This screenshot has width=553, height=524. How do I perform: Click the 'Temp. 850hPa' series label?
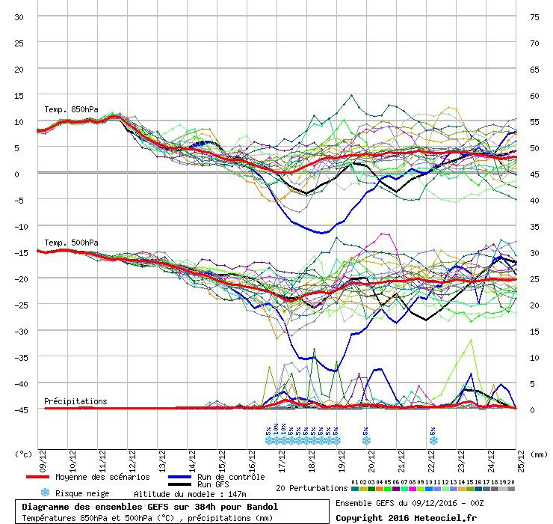pos(71,109)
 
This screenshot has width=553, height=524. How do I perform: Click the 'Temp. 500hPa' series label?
pos(71,243)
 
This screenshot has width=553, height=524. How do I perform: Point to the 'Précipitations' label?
pos(75,401)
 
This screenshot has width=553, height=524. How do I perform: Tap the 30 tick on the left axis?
pos(19,16)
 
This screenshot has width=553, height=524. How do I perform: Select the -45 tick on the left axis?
pos(18,409)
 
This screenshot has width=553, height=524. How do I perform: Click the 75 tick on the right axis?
pos(534,16)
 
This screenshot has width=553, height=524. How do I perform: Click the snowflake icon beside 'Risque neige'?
pos(45,493)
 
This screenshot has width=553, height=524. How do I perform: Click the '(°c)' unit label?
pos(24,454)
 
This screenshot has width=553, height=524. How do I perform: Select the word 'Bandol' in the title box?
pos(262,507)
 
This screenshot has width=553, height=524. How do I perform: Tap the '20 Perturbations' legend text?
pos(312,488)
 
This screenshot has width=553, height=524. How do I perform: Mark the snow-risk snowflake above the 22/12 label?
pos(433,440)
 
